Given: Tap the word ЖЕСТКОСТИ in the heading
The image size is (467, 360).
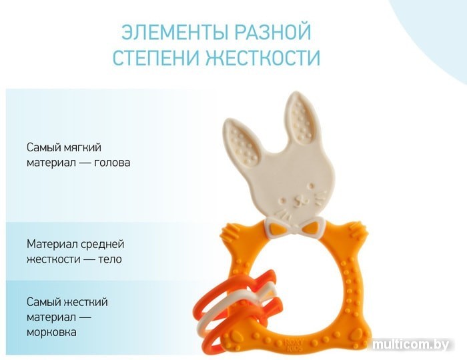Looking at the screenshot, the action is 263,57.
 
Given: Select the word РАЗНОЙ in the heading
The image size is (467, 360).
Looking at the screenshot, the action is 272,32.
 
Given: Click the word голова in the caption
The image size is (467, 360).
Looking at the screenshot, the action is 112,163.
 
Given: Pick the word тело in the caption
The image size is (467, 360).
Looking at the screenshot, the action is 110,259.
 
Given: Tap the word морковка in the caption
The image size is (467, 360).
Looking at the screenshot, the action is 51,332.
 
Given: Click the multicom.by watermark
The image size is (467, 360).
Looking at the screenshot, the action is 411,345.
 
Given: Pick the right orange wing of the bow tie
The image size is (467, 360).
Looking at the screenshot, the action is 311,228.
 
